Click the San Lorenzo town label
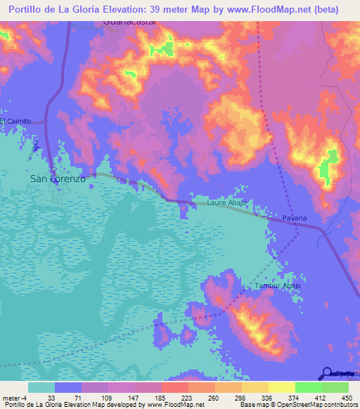[58, 179]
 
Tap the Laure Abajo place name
[226, 203]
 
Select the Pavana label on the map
[295, 218]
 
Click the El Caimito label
[15, 121]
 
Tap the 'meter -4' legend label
[15, 397]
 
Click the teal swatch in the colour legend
[41, 387]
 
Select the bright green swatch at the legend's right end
[335, 387]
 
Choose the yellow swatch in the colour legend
[282, 387]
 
